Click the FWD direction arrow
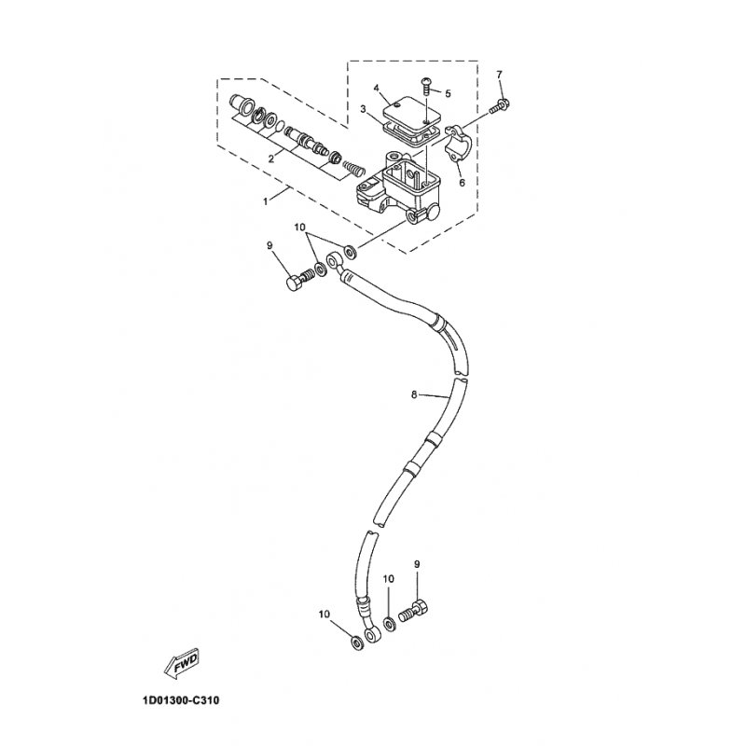coord(182,663)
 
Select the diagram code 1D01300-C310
coord(181,700)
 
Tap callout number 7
coord(499,75)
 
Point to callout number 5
coord(448,93)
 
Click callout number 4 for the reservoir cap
coord(376,88)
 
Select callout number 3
coord(363,109)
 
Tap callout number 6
coord(462,182)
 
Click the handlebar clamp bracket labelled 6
coord(458,145)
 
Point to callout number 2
coord(271,159)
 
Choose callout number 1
coord(266,201)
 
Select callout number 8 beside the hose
coord(414,394)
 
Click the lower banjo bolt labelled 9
coord(412,612)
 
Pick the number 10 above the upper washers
coord(299,228)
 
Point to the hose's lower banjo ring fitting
coord(372,636)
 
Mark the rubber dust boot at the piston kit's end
coord(242,104)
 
